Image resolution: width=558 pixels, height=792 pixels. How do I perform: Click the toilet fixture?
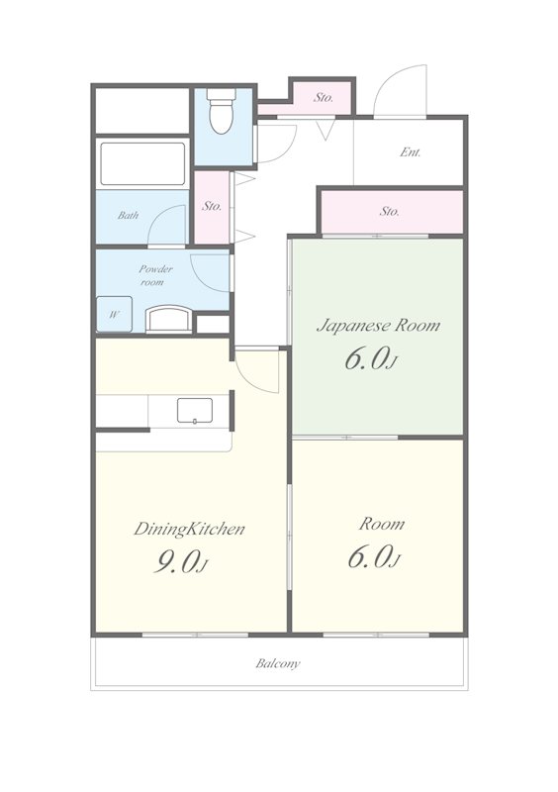(x=221, y=111)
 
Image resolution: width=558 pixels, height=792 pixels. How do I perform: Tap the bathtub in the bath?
(x=142, y=164)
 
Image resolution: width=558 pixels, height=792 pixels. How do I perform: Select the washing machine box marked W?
(x=115, y=314)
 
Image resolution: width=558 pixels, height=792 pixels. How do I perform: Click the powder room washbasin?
(x=168, y=319)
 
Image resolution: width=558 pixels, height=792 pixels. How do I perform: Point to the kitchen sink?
(x=195, y=411)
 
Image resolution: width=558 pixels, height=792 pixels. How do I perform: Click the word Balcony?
(x=278, y=663)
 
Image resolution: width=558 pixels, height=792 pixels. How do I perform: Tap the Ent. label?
(x=410, y=152)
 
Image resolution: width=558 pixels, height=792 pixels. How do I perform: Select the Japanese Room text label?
(x=378, y=326)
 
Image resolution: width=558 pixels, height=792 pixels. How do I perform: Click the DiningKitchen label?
(x=189, y=530)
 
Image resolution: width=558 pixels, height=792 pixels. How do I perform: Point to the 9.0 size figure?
(x=175, y=561)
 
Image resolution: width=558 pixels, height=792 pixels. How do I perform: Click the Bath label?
(x=128, y=215)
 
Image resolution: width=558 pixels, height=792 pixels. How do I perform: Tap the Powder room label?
(x=155, y=275)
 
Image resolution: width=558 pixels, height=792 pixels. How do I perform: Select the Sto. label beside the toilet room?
(x=212, y=206)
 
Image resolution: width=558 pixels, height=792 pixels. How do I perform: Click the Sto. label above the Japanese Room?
(x=390, y=211)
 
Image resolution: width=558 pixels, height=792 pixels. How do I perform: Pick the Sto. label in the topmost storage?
(x=324, y=97)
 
